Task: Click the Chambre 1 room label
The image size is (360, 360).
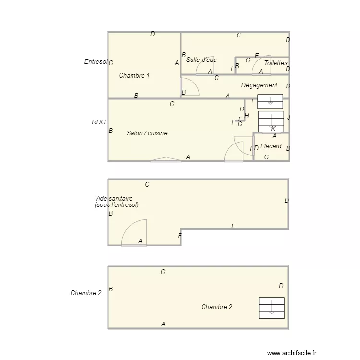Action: tap(134, 75)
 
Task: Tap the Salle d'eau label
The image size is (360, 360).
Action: tap(202, 60)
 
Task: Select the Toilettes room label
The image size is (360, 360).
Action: tap(276, 63)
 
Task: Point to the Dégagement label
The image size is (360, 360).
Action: tap(259, 85)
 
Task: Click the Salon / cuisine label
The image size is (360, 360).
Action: tap(147, 133)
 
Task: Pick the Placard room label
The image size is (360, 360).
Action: tap(271, 146)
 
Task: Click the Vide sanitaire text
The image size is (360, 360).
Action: tap(114, 198)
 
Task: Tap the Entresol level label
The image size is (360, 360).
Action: tap(95, 61)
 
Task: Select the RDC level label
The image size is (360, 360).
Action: tap(98, 122)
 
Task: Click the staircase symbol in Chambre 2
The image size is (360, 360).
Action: tap(271, 308)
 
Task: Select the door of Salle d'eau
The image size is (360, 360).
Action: tap(205, 66)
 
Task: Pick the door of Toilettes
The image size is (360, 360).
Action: tap(261, 66)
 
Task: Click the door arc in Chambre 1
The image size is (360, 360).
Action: tap(191, 87)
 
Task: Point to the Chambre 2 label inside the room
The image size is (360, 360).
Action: tap(216, 307)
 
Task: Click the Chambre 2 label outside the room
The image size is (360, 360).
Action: tap(86, 293)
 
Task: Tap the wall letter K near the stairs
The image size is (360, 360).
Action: tap(273, 129)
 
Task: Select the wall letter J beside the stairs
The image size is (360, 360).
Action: tap(288, 117)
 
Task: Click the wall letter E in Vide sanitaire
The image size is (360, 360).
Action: tap(233, 226)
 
